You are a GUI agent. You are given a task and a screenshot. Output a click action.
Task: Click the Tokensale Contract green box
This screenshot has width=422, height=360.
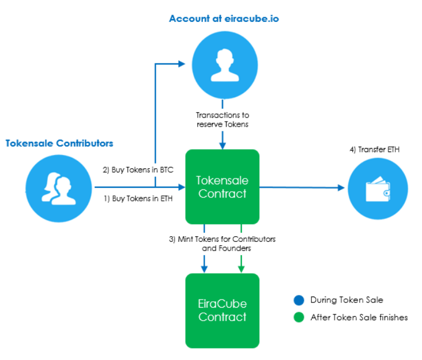click(222, 187)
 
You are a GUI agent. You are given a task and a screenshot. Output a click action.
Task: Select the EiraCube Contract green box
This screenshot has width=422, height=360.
click(222, 310)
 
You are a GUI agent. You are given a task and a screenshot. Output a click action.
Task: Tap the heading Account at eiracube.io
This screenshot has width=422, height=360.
click(224, 18)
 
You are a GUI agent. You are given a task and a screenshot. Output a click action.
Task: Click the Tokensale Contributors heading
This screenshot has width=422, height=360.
click(59, 143)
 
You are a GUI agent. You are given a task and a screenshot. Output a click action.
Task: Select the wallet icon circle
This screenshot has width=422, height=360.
click(378, 188)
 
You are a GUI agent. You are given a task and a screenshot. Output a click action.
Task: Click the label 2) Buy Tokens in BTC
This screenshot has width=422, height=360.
click(138, 170)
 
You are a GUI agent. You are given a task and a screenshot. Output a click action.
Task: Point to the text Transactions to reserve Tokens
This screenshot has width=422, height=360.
click(222, 120)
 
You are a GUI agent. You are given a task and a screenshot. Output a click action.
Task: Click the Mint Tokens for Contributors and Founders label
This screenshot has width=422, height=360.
click(222, 244)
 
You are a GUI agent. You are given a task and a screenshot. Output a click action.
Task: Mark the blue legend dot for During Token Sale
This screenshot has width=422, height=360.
click(299, 300)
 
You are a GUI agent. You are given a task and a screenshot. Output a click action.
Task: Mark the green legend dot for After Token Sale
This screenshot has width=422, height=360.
click(299, 317)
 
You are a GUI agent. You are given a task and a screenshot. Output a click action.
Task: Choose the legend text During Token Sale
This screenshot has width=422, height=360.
click(346, 300)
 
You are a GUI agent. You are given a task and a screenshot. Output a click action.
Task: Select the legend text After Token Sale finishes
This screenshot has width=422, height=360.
click(359, 317)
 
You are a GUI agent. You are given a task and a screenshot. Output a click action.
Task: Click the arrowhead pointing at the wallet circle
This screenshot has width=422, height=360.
click(341, 188)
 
